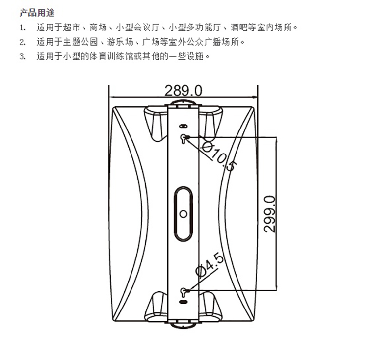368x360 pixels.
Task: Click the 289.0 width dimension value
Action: [183, 90]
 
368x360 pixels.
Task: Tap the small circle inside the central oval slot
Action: [183, 213]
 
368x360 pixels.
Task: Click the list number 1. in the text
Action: [22, 27]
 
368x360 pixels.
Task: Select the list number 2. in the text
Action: [22, 42]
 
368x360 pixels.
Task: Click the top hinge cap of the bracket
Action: [183, 103]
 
